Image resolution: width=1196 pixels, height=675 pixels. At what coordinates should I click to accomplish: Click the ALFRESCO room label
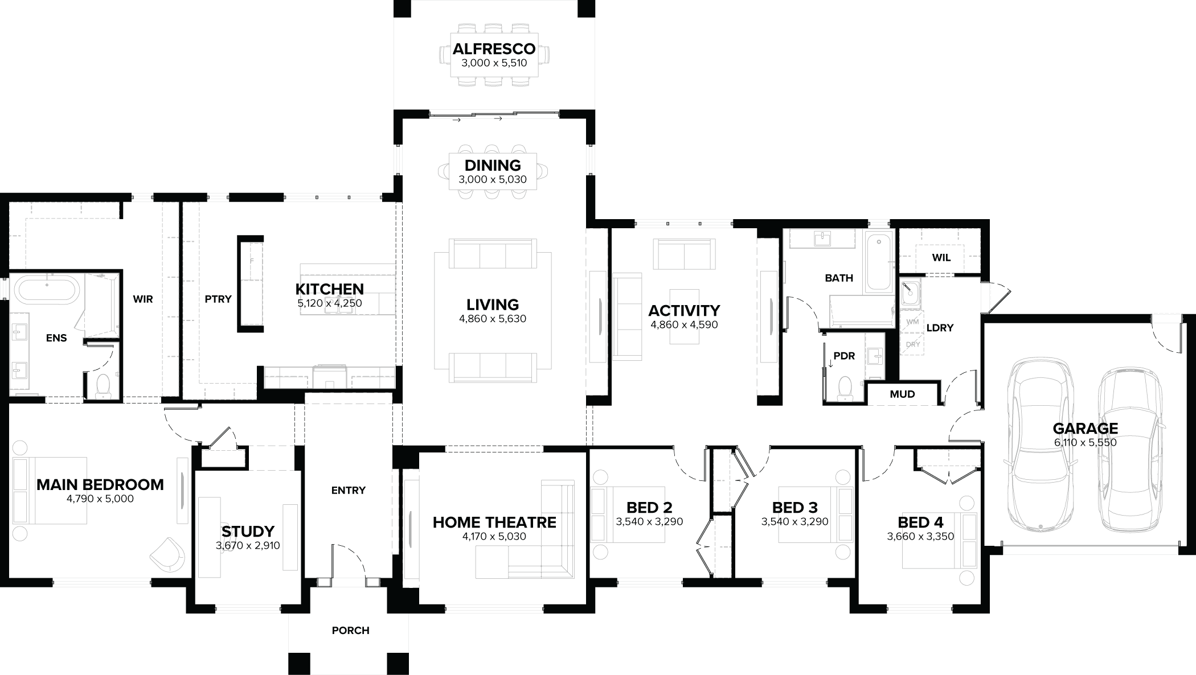click(494, 49)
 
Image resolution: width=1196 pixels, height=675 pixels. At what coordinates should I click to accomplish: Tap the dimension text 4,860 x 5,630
click(493, 319)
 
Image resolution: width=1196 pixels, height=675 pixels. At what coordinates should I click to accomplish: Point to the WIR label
click(143, 299)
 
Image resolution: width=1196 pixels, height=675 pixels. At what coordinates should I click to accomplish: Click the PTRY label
click(218, 299)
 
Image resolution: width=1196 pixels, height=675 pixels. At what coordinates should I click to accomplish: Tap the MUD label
click(902, 394)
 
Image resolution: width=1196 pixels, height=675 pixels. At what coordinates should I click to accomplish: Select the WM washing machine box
click(912, 322)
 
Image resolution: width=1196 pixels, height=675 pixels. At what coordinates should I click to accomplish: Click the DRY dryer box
click(912, 344)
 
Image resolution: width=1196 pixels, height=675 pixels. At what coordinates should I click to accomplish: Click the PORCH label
click(350, 631)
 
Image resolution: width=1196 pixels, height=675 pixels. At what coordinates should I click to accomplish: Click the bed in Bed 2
click(626, 515)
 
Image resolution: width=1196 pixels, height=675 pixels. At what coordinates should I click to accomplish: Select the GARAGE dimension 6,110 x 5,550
click(1085, 443)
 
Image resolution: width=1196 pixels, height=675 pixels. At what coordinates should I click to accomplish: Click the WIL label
click(941, 258)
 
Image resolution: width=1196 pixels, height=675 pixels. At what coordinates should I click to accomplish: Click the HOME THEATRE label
click(494, 522)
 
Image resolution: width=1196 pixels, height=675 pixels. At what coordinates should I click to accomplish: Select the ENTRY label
click(348, 491)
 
